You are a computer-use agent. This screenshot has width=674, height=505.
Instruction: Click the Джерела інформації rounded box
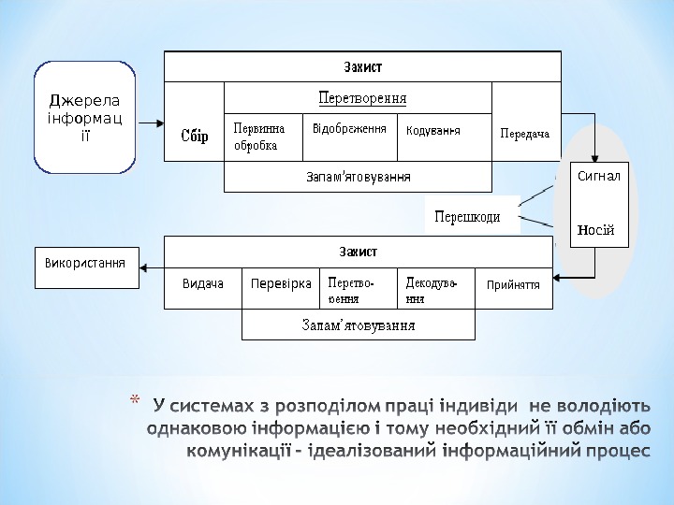coord(84,118)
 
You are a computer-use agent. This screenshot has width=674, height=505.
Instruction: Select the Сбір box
coord(195,137)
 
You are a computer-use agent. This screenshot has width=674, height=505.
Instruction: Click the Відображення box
coord(350,128)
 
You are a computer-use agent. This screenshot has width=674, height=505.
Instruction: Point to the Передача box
coord(524,134)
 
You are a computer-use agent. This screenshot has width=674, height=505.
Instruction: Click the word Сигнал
coord(598,176)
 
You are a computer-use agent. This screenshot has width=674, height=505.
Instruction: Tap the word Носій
coord(595,230)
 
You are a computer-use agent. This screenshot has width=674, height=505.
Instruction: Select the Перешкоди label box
coord(467,217)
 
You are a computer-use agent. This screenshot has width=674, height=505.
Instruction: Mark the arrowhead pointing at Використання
coord(144,267)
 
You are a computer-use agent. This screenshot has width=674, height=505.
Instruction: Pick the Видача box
coord(203,283)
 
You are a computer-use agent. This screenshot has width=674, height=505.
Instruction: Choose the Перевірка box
coord(281,283)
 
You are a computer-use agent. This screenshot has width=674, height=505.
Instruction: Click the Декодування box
coord(437,290)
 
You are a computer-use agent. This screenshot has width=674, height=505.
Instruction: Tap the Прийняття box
coord(513,283)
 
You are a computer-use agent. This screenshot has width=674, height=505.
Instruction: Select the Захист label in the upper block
coord(362,66)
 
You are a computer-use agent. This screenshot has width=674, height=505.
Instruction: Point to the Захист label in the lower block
coord(358,252)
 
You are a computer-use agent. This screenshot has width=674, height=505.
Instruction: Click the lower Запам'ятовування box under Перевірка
coord(358,325)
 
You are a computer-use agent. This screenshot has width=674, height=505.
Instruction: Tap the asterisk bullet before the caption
coord(133,403)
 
